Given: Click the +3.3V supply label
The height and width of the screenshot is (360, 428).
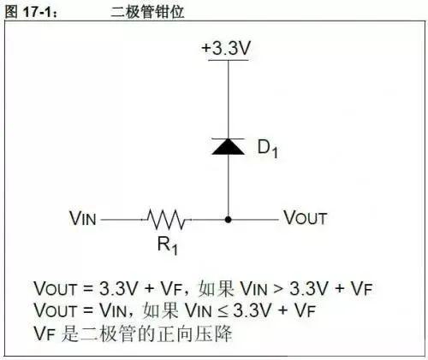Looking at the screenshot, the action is pyautogui.click(x=226, y=48).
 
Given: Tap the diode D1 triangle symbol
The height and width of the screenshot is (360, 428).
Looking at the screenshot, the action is pyautogui.click(x=228, y=146).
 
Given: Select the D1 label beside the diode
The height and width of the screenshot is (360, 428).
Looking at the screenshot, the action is pyautogui.click(x=267, y=149).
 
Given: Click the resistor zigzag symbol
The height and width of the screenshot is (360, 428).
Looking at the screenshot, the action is pyautogui.click(x=166, y=220).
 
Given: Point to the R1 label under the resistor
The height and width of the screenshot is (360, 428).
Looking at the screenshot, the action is pyautogui.click(x=168, y=245).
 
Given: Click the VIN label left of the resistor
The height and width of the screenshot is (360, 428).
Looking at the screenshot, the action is pyautogui.click(x=83, y=218).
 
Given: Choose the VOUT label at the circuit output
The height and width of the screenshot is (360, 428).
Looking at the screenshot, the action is pyautogui.click(x=305, y=218).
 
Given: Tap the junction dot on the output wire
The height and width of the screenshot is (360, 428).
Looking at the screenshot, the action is pyautogui.click(x=228, y=220).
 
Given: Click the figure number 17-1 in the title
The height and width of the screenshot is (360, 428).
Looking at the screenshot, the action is pyautogui.click(x=39, y=11).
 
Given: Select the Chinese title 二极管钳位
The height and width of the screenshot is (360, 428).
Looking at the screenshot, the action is pyautogui.click(x=147, y=12).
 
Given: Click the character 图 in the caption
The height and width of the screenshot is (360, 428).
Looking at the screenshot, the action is pyautogui.click(x=11, y=11).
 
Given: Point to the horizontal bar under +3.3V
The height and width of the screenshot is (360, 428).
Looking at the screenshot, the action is pyautogui.click(x=228, y=60).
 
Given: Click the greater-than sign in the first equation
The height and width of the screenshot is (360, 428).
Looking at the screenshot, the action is pyautogui.click(x=278, y=288).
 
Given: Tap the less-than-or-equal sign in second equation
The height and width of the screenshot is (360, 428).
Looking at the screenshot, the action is pyautogui.click(x=223, y=310).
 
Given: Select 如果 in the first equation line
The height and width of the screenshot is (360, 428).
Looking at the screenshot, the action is pyautogui.click(x=217, y=288).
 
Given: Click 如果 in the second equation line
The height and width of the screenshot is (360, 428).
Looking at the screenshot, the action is pyautogui.click(x=161, y=310).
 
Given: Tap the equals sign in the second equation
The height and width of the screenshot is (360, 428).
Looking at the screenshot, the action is pyautogui.click(x=88, y=310).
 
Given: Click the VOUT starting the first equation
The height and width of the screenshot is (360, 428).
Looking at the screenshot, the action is pyautogui.click(x=56, y=288).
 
